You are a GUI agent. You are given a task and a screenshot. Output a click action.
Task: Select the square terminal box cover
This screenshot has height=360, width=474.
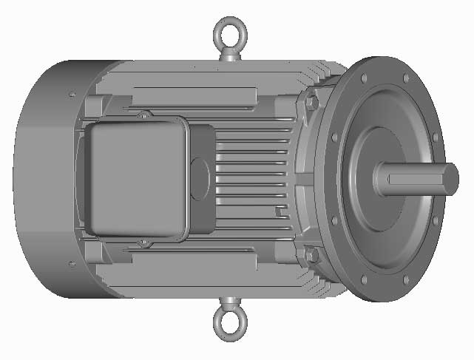133,177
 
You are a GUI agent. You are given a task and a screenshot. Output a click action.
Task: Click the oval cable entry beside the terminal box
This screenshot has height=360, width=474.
200,178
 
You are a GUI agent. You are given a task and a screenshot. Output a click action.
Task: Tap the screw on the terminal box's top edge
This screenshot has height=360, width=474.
144,115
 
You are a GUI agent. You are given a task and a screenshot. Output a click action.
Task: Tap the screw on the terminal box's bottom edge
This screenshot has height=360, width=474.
144,242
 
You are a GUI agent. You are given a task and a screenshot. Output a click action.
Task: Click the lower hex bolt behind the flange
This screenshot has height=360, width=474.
311,255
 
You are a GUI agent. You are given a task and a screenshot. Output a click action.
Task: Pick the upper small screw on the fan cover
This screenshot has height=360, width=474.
71,95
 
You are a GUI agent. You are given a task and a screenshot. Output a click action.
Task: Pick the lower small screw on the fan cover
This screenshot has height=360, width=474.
71,263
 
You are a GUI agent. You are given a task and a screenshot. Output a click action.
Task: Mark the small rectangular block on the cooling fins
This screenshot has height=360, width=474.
280,212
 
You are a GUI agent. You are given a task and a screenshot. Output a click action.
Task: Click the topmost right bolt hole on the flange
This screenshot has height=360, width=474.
405,78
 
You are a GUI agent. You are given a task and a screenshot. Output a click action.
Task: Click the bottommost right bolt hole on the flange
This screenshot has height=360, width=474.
405,280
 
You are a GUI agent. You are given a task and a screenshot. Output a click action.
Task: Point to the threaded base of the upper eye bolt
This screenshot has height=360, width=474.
229,56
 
